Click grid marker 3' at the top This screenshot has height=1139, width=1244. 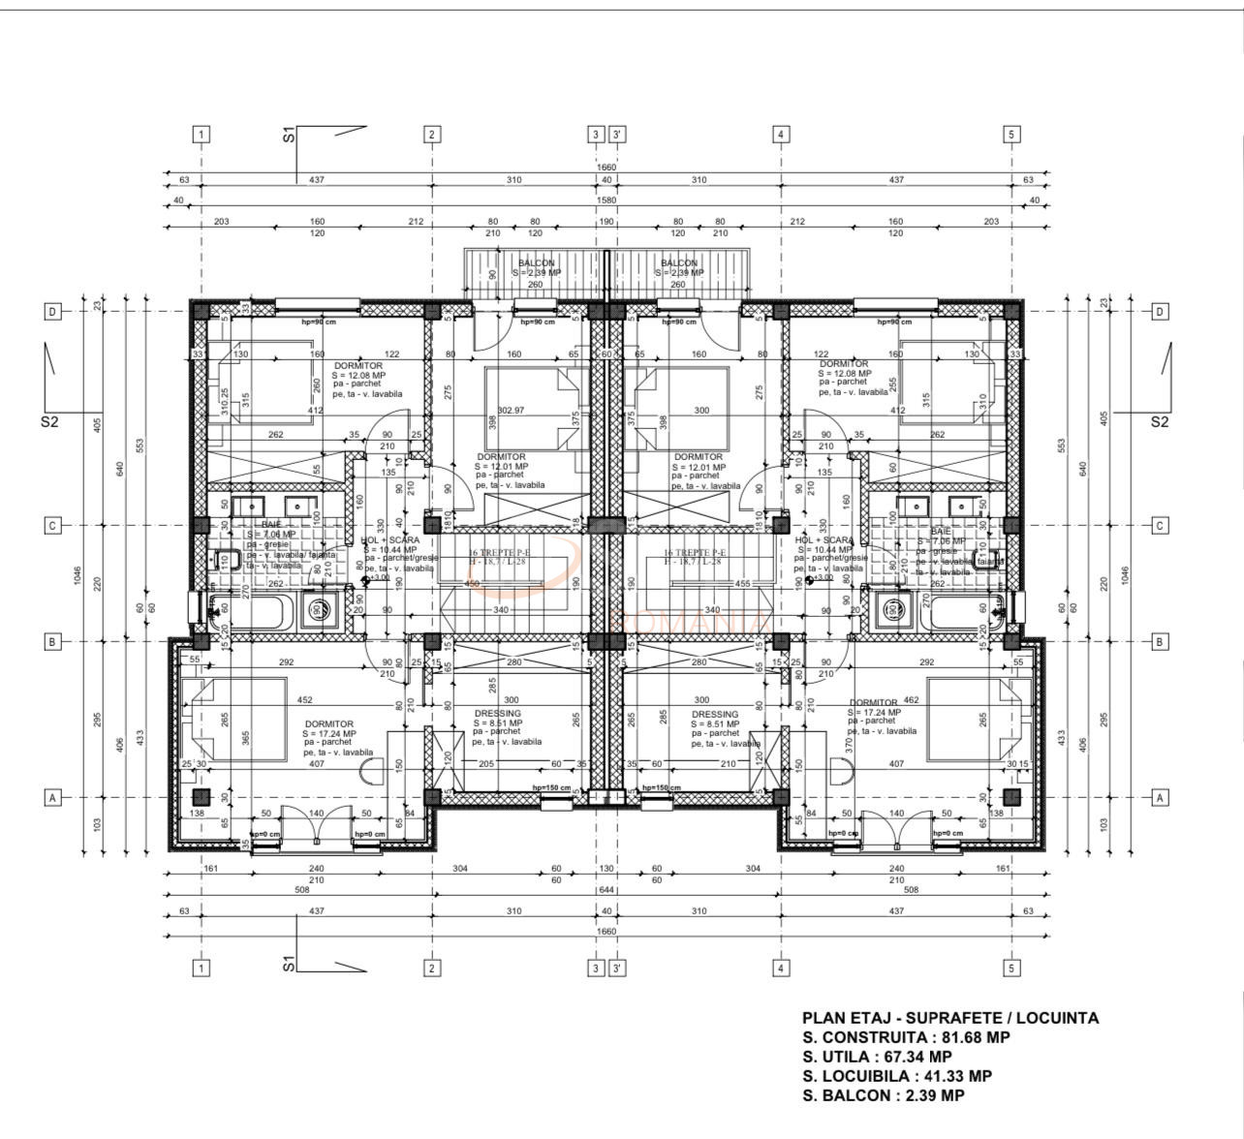point(617,135)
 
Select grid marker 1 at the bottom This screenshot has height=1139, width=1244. point(201,968)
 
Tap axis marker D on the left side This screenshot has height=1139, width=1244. point(53,311)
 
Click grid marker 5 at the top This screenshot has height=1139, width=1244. point(1011,135)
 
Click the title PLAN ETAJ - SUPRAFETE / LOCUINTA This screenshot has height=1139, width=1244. point(949,1018)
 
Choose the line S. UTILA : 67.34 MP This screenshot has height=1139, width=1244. point(877,1057)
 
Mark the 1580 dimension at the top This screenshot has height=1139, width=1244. point(606,201)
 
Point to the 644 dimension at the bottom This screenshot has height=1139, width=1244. point(606,889)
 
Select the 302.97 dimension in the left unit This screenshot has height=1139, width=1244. point(511,411)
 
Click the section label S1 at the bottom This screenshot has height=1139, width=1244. point(288,964)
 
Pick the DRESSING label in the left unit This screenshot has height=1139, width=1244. point(497,714)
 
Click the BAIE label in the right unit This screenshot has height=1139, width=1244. point(940,532)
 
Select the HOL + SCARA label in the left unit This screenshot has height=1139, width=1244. point(390,540)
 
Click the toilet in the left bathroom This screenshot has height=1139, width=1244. point(227,561)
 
